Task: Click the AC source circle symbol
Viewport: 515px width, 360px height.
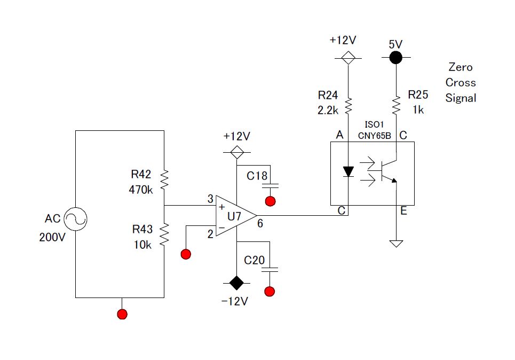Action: (x=76, y=219)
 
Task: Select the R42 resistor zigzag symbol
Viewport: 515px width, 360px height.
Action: (x=164, y=180)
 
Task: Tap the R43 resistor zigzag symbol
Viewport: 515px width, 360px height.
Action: (x=164, y=234)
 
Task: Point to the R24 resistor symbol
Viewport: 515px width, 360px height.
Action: (x=348, y=106)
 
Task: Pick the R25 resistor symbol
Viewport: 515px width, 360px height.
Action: (x=396, y=105)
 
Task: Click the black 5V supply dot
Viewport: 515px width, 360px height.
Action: (x=396, y=58)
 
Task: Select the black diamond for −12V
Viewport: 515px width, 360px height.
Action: (x=236, y=283)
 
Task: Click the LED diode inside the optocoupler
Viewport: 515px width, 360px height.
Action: (x=348, y=171)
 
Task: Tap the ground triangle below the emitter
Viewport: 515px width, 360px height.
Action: (x=396, y=244)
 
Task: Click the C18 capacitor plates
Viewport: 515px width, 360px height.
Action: (x=270, y=186)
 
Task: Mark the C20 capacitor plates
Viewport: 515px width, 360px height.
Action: (x=270, y=270)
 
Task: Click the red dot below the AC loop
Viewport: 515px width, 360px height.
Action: (x=122, y=314)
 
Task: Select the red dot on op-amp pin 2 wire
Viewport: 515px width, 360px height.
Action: (x=186, y=254)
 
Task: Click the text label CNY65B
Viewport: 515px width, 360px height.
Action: (x=375, y=136)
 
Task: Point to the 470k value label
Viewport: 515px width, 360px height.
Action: (x=141, y=190)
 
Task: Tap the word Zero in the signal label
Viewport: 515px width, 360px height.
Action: (x=461, y=67)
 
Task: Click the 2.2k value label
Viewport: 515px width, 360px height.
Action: (x=328, y=110)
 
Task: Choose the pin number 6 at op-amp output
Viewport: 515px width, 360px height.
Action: (x=260, y=224)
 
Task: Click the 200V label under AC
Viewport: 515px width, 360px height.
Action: (x=52, y=237)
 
